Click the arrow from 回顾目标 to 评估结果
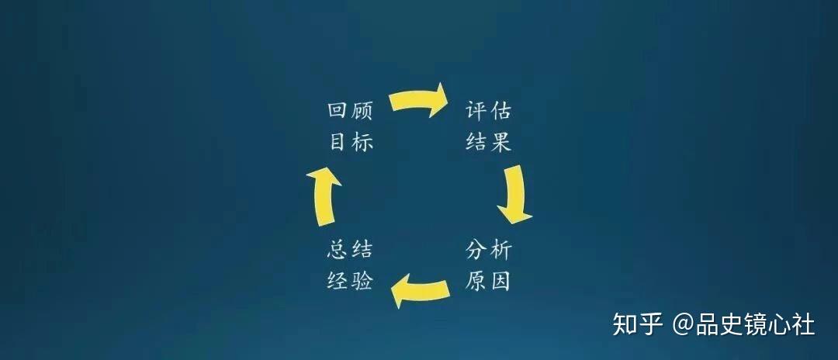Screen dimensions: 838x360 [418, 100]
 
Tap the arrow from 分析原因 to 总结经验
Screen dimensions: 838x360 [420, 291]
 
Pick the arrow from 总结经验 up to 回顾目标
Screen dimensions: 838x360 [324, 196]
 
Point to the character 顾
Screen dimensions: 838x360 [362, 111]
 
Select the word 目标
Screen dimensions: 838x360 [350, 142]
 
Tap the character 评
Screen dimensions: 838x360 [476, 110]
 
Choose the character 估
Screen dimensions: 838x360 [500, 110]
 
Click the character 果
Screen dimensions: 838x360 [500, 142]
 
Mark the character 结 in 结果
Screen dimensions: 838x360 [476, 142]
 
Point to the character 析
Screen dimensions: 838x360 [500, 250]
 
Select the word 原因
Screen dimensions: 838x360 [488, 281]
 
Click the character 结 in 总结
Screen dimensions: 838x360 [362, 250]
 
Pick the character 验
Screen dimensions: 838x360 [362, 281]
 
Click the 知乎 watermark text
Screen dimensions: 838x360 [638, 324]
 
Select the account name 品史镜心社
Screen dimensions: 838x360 [755, 325]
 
